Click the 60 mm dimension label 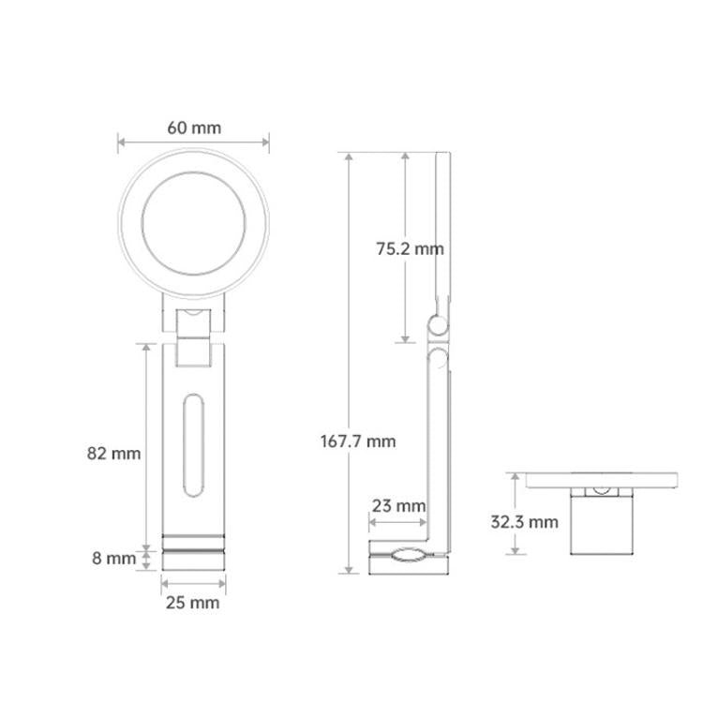click(x=194, y=127)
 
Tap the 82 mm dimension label click(x=113, y=454)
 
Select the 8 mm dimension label click(x=113, y=559)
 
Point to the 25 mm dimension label click(x=193, y=603)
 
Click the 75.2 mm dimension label click(x=410, y=248)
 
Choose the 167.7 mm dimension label click(x=358, y=441)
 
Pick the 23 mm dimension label click(x=398, y=506)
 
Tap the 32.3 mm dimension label click(x=524, y=522)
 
